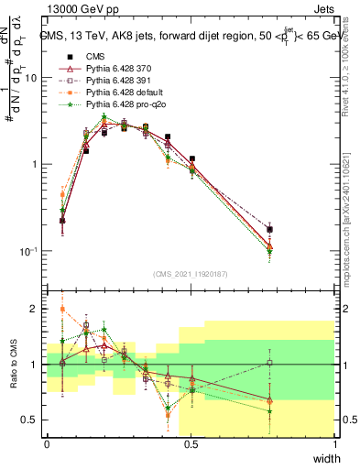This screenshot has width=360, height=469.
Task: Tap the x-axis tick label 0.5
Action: (191, 444)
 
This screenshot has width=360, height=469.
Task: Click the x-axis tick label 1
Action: (335, 444)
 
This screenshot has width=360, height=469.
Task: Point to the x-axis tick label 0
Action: (47, 444)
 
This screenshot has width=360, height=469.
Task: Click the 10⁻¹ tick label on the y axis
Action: (27, 251)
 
